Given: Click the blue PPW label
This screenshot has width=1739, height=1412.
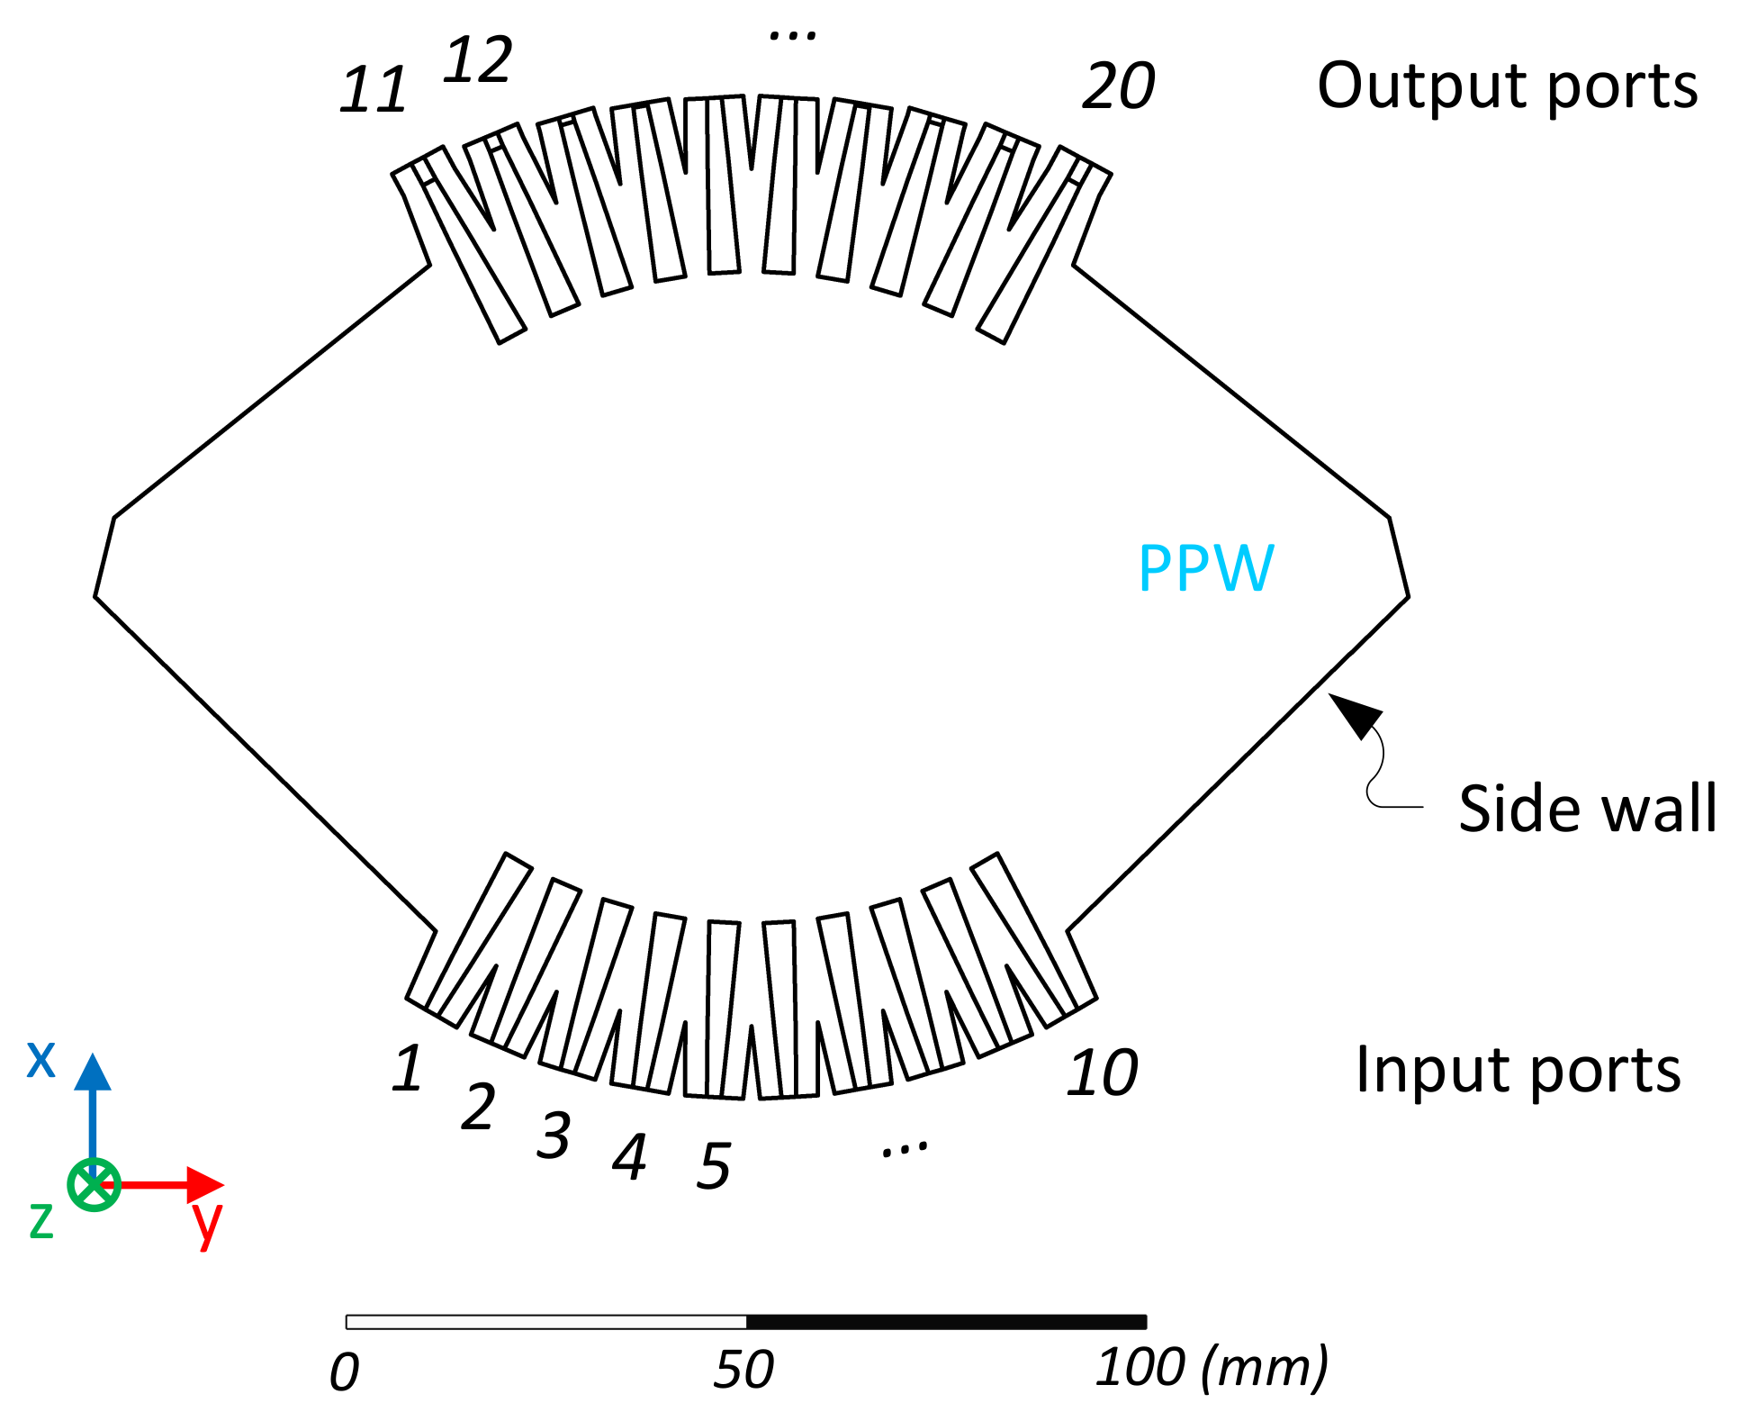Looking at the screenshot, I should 1206,568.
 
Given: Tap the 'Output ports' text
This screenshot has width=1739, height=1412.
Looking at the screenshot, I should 1507,86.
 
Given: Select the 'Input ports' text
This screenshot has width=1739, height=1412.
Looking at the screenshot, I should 1518,1070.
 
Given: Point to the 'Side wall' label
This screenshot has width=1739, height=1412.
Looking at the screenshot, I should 1587,809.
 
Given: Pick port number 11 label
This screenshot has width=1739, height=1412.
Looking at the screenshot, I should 374,90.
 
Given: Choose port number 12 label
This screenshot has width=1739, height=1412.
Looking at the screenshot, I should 478,60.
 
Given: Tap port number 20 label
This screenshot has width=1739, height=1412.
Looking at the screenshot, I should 1118,86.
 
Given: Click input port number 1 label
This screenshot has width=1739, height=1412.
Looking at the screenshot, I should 408,1069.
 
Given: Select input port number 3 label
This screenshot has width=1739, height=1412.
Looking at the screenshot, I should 554,1136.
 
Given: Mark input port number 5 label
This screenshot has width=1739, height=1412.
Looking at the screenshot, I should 714,1166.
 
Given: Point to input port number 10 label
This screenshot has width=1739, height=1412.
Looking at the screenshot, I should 1103,1073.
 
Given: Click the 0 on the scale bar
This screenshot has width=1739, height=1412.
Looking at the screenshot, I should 345,1372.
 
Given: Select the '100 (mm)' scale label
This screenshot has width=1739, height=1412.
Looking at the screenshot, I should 1211,1368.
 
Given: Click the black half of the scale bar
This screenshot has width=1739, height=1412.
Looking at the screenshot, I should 946,1322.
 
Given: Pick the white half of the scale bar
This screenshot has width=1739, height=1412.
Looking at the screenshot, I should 546,1322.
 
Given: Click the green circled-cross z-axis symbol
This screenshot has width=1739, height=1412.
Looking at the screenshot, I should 94,1184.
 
